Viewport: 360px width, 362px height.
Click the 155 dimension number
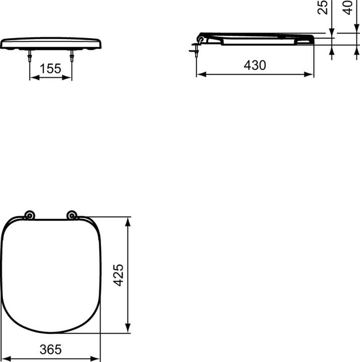click(50, 69)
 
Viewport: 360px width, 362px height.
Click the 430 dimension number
click(255, 65)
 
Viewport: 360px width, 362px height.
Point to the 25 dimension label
click(324, 7)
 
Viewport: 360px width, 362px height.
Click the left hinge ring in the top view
click(29, 216)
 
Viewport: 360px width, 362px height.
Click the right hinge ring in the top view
click(72, 216)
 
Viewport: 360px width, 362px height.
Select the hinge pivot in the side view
click(202, 38)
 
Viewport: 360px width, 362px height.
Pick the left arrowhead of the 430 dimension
click(200, 74)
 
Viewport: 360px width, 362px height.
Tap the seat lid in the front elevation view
click(51, 43)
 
